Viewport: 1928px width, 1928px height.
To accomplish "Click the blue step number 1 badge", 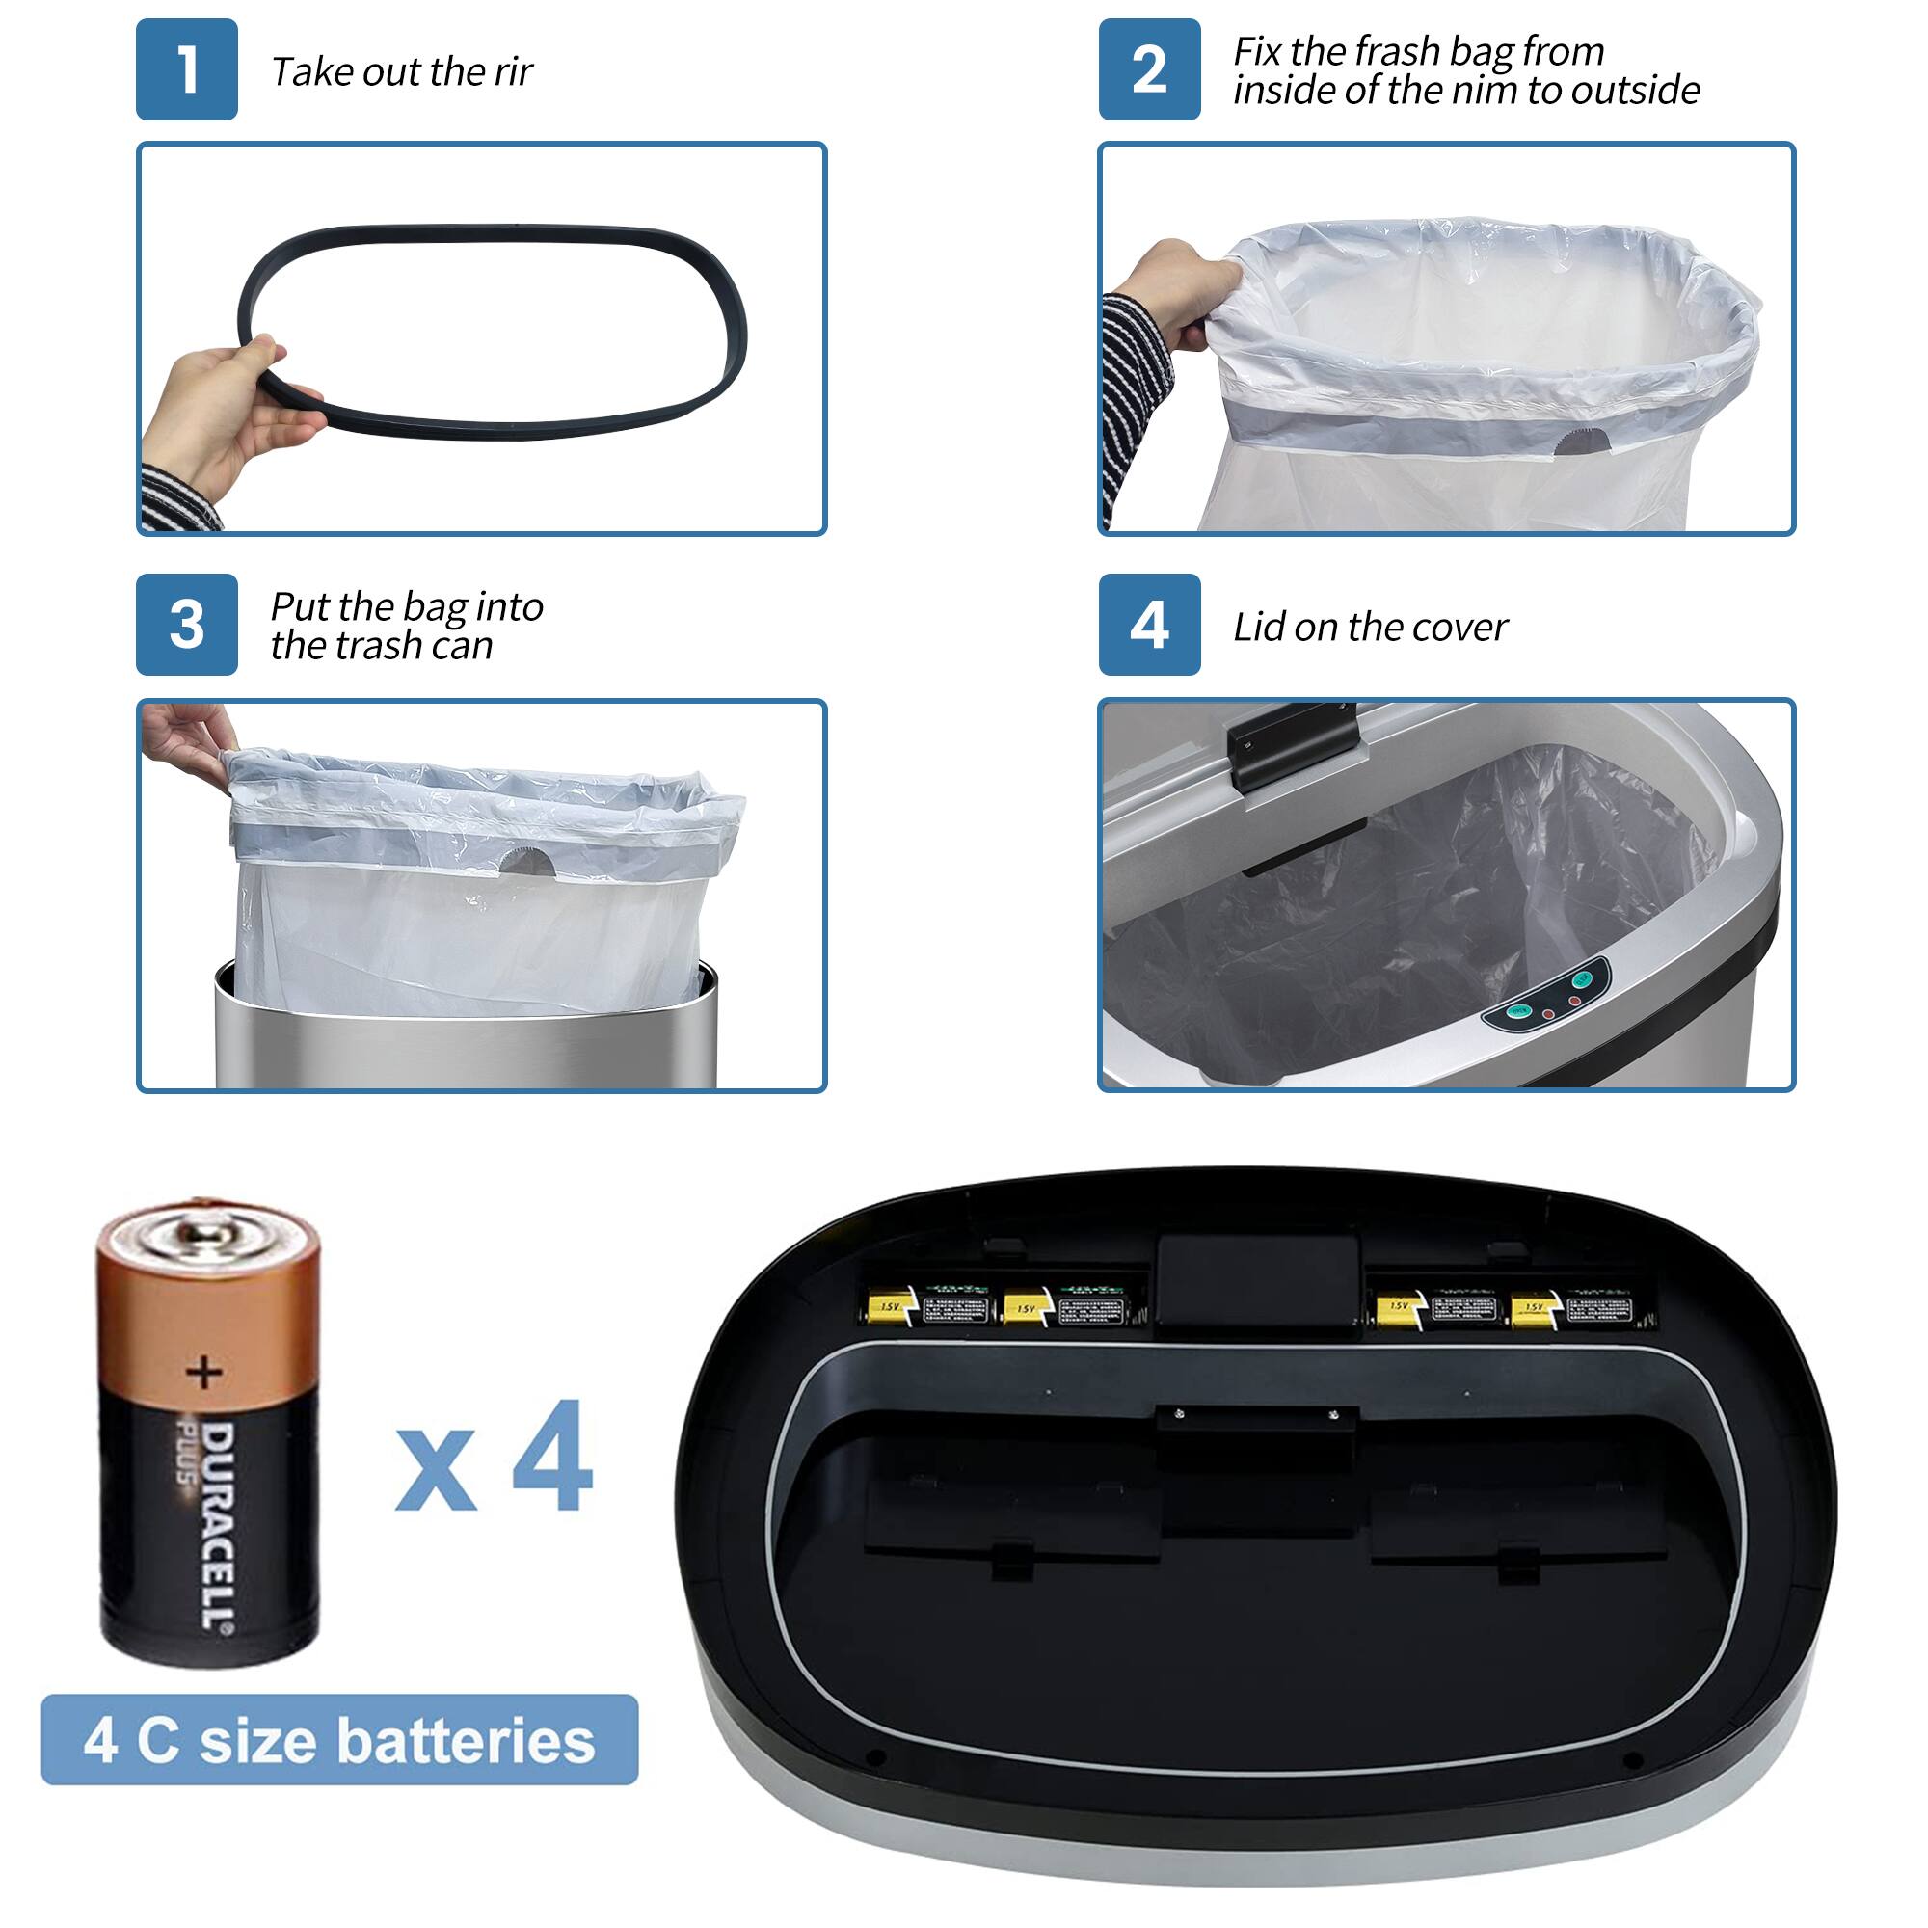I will point(187,69).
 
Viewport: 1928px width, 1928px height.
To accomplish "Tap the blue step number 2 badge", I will point(1149,69).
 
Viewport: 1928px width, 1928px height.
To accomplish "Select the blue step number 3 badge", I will point(187,625).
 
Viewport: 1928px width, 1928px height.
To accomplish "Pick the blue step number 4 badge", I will point(1149,625).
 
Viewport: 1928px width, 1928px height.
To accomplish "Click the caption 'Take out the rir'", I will point(401,72).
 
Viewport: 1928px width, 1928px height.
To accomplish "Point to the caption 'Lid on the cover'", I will point(1369,627).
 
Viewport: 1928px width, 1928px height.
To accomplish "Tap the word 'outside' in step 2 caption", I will point(1635,90).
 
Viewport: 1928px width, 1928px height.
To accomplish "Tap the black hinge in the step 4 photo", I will point(1293,743).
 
